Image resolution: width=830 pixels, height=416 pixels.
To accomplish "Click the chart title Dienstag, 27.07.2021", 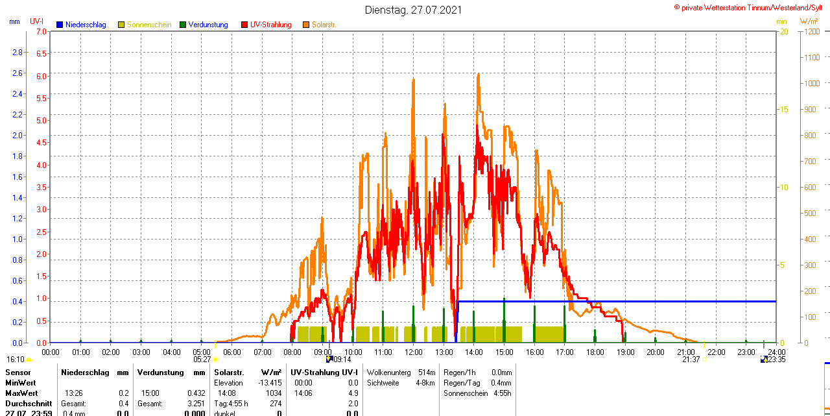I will click(413, 10).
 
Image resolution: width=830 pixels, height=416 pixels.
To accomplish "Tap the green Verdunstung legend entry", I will click(204, 25).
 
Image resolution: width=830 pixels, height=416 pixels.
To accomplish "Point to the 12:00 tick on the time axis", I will click(414, 352).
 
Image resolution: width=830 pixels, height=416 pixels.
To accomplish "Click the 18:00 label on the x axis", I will click(595, 352).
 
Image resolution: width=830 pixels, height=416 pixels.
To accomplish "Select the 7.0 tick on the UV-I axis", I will click(41, 31).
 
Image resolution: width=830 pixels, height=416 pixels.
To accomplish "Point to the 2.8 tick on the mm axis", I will click(18, 52).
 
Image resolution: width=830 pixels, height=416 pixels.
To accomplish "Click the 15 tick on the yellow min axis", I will click(783, 109).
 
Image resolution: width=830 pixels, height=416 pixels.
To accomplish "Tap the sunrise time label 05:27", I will click(202, 360).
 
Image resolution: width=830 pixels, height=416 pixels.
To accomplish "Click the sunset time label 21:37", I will click(691, 360).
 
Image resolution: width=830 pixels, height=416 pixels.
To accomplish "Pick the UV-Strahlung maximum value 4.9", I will click(353, 393).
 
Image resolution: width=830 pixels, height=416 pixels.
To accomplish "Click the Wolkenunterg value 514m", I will click(427, 373).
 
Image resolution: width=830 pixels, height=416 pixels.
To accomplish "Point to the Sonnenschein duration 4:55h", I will click(501, 393).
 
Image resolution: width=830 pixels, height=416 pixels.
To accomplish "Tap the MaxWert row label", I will click(21, 393).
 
